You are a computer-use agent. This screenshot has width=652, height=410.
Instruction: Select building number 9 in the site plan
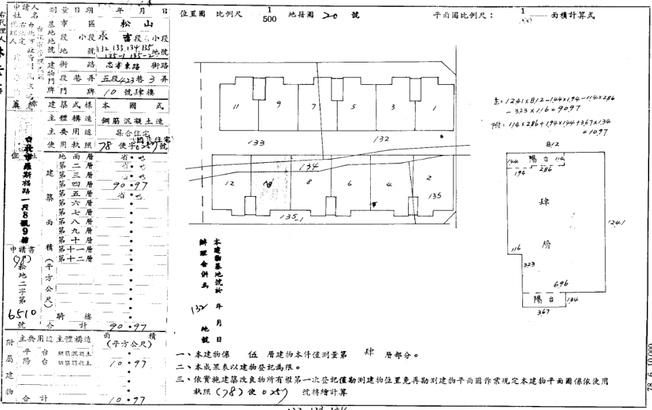279,104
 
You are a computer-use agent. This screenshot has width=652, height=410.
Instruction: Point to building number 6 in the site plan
349,183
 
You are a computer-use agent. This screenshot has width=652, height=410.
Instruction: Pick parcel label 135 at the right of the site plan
435,195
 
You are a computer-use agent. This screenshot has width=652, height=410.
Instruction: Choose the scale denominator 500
270,19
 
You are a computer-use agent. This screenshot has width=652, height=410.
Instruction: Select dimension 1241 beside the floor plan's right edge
618,222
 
